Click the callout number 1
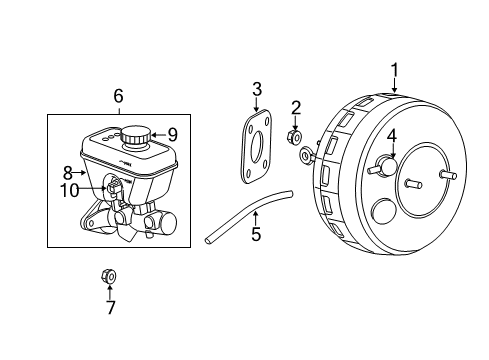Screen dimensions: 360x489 click(394, 69)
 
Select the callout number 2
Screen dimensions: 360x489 click(296, 108)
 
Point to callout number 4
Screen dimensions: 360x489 click(392, 135)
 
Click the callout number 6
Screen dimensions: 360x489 click(118, 97)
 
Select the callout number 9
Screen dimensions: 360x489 click(172, 133)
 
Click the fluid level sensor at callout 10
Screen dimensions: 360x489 click(115, 186)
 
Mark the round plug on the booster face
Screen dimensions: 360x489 click(381, 211)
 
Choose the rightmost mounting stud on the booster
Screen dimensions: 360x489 click(449, 175)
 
